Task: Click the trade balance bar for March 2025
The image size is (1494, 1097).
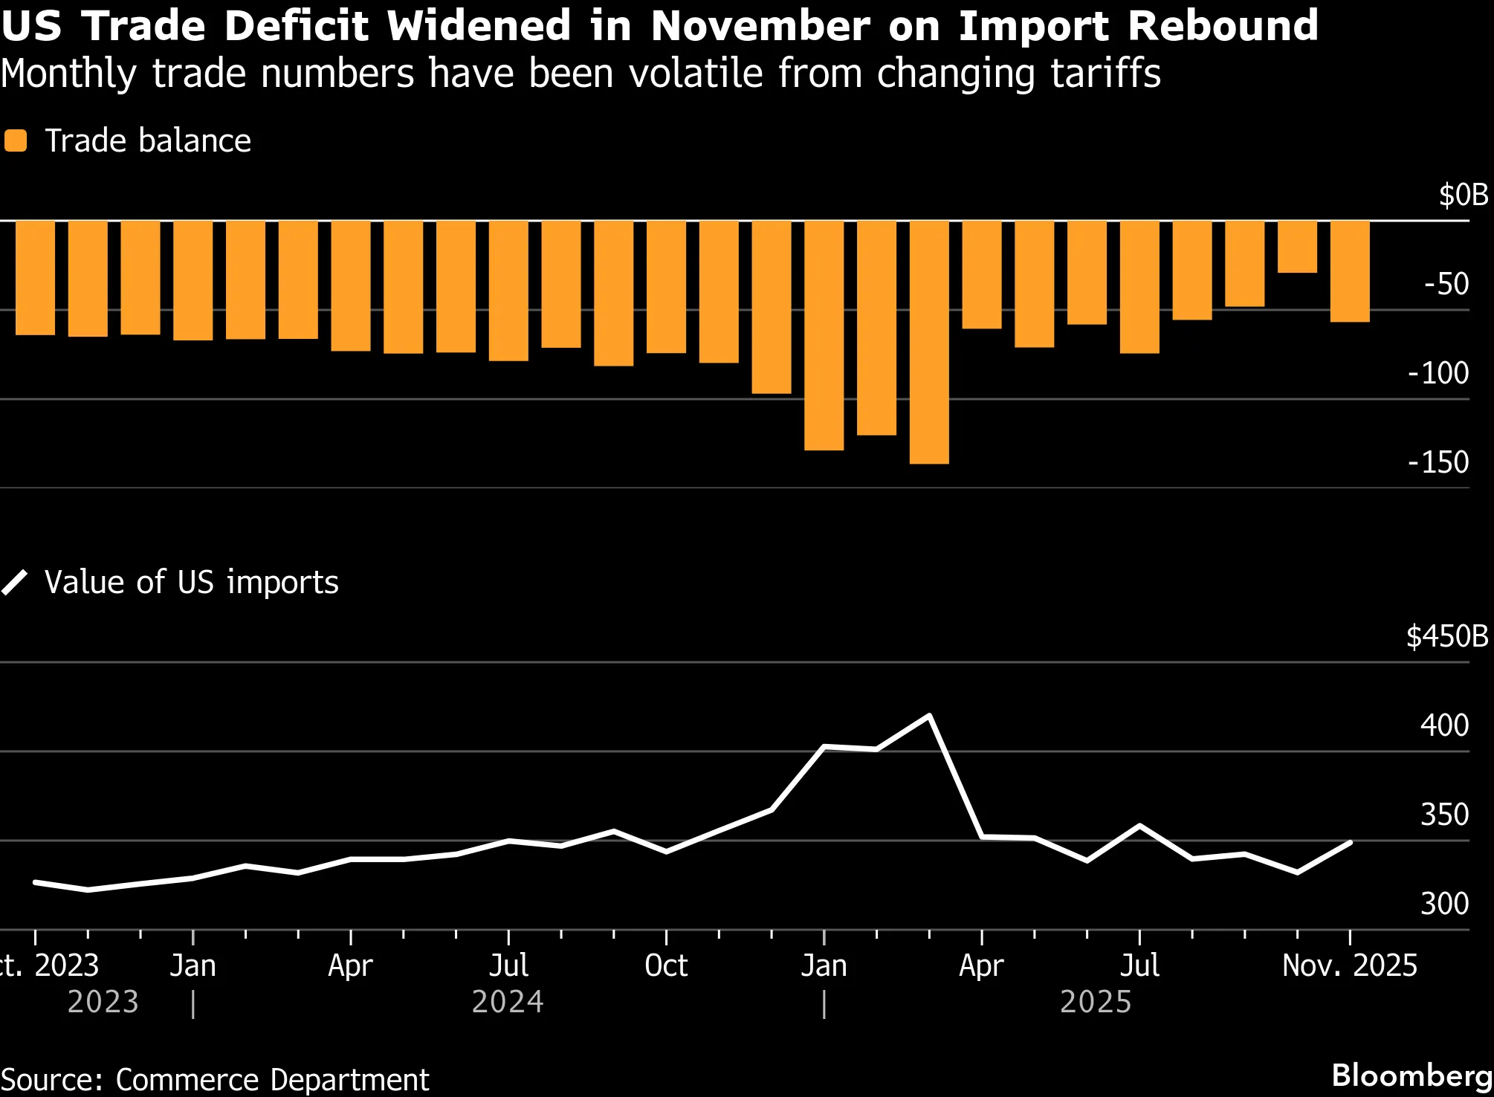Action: click(x=929, y=342)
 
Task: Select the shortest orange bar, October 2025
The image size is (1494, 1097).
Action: click(x=1297, y=247)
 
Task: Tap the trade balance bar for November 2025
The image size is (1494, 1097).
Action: click(x=1350, y=271)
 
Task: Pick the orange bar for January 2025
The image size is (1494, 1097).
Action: click(x=824, y=335)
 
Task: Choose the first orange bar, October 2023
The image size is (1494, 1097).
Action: click(x=35, y=278)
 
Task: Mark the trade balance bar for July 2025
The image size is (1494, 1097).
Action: click(x=1139, y=287)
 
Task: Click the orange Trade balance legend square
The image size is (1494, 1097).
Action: click(x=16, y=140)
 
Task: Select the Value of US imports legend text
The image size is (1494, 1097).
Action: click(x=191, y=582)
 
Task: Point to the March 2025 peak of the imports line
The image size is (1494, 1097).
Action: click(x=929, y=716)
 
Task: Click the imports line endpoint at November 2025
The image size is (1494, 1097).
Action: click(x=1350, y=843)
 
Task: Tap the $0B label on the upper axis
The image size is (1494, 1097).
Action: click(x=1463, y=195)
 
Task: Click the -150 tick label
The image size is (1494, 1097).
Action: click(x=1438, y=462)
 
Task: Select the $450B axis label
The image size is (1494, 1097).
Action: click(x=1446, y=637)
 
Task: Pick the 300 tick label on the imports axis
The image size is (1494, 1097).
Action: click(x=1444, y=904)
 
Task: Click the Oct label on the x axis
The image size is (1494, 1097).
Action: click(x=666, y=965)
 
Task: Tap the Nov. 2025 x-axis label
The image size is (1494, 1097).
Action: click(x=1350, y=965)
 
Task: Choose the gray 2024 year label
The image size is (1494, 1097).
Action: click(x=508, y=1002)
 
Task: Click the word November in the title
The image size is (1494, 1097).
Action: click(x=760, y=26)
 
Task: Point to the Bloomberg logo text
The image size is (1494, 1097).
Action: click(x=1411, y=1075)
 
